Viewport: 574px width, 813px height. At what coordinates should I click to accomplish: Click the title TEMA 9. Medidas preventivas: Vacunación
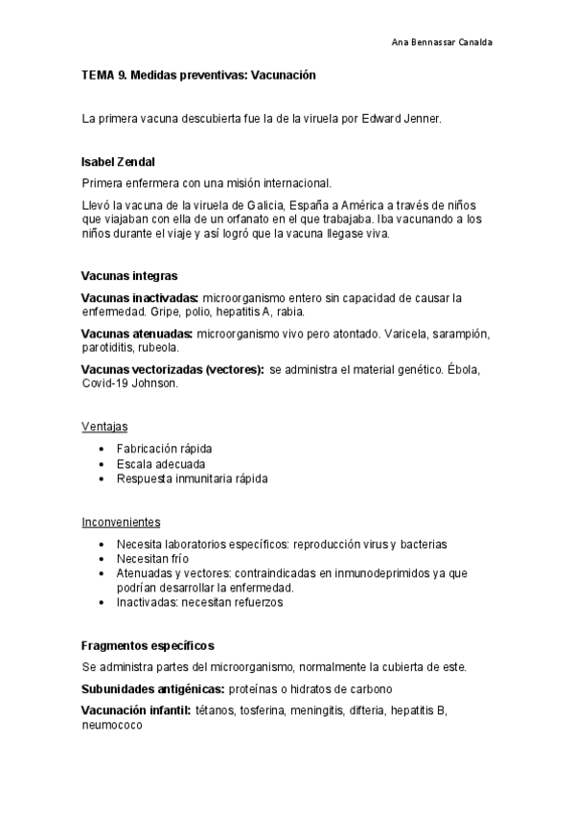(198, 74)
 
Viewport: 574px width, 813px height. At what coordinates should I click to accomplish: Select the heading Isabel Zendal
(119, 162)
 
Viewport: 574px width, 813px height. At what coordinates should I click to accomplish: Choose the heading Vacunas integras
(129, 276)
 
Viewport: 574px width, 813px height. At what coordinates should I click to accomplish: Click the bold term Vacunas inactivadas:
(140, 298)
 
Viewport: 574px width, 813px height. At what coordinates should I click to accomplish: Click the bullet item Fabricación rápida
(164, 449)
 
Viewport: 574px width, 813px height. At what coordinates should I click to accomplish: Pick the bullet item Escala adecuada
(160, 463)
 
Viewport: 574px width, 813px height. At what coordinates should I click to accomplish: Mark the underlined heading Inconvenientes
(121, 522)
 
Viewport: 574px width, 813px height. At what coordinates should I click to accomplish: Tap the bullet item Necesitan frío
(152, 559)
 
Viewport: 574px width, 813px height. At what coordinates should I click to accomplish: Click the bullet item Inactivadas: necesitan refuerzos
(199, 602)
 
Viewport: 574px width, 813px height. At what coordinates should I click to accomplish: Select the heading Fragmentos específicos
(148, 645)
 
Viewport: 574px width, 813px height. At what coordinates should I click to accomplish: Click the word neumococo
(112, 726)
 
